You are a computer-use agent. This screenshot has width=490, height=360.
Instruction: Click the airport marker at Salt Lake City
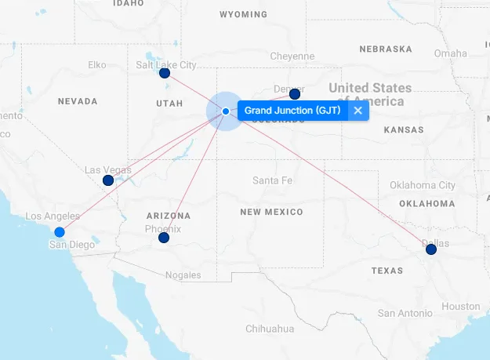pos(165,74)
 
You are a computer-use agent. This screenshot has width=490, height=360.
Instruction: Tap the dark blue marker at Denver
pos(295,94)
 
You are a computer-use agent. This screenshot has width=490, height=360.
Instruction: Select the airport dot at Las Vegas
pos(108,180)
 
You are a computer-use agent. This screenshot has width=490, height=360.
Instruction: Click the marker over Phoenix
pos(164,238)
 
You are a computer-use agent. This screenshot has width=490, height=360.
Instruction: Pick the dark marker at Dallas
pos(431,249)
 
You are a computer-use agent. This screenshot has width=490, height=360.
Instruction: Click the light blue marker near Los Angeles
pos(60,231)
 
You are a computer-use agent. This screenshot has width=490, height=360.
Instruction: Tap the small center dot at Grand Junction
pos(226,111)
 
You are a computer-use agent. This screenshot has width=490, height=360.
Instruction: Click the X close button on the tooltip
pos(358,111)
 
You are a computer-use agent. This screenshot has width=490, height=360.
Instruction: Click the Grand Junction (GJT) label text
pos(292,111)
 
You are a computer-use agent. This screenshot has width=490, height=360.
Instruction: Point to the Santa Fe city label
pos(272,180)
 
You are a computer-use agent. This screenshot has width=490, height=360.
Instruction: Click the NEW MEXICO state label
pos(271,213)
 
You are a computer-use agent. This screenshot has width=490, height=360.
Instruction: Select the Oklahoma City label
pos(423,185)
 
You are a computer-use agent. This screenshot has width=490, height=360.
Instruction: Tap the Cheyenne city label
pos(292,56)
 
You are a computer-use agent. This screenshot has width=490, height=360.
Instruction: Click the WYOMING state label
pos(243,15)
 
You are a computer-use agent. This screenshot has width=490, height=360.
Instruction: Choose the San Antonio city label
pos(405,313)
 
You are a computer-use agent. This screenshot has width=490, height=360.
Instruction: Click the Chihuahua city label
pos(269,329)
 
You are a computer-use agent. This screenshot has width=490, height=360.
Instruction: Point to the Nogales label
pos(183,275)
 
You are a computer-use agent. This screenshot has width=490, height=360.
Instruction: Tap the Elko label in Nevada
pos(97,64)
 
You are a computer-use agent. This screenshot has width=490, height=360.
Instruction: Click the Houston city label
pos(460,306)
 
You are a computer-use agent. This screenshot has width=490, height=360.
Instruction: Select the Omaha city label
pos(450,53)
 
